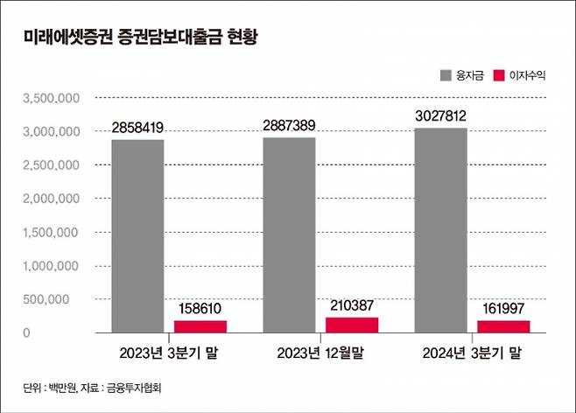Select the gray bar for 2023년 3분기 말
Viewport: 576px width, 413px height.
pyautogui.click(x=137, y=236)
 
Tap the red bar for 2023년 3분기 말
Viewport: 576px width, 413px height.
pyautogui.click(x=200, y=326)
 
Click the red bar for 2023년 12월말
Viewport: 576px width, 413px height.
pyautogui.click(x=352, y=325)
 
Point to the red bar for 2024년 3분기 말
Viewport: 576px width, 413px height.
pyautogui.click(x=504, y=326)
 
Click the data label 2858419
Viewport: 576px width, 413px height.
pyautogui.click(x=137, y=128)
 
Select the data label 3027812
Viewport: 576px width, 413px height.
pyautogui.click(x=441, y=115)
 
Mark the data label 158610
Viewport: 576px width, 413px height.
pyautogui.click(x=200, y=309)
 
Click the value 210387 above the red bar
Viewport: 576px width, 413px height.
pyautogui.click(x=352, y=305)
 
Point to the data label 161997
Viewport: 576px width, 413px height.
pyautogui.click(x=504, y=309)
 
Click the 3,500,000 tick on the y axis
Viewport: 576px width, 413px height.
pyautogui.click(x=51, y=98)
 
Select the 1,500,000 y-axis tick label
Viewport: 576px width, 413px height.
pyautogui.click(x=51, y=232)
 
